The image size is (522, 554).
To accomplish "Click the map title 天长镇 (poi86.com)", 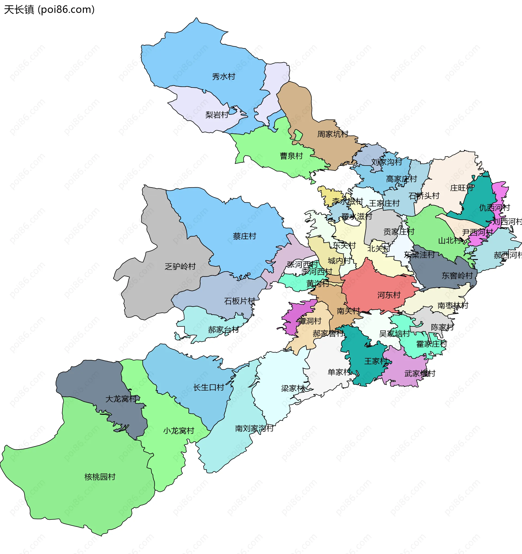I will (49, 10).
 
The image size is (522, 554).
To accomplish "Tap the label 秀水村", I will (223, 77).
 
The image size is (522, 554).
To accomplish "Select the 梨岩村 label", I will (216, 115).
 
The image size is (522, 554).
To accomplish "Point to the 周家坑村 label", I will (333, 134).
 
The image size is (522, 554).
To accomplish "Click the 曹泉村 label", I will (291, 156).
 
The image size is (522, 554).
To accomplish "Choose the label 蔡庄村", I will (244, 236).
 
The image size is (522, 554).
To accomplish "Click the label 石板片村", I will (240, 301).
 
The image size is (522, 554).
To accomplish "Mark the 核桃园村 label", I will (100, 477).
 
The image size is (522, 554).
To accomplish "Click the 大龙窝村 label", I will (121, 399).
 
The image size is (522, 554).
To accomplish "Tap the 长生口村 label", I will (209, 388).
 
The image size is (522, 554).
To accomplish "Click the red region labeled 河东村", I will (389, 295).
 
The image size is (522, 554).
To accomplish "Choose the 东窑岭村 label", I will (457, 276).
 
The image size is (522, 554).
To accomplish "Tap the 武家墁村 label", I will (420, 374).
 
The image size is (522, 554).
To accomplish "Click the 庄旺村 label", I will (462, 188).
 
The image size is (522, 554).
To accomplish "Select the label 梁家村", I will (293, 388).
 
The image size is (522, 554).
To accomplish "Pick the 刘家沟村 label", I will (387, 162).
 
